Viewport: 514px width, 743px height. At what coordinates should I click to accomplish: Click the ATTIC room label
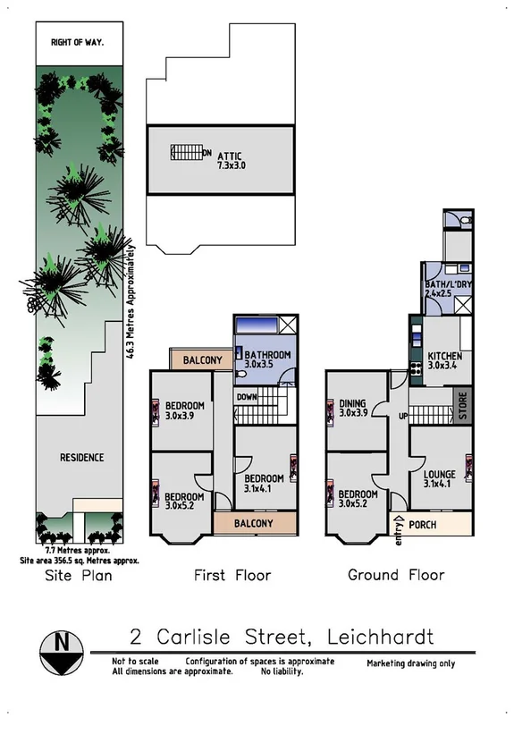229,156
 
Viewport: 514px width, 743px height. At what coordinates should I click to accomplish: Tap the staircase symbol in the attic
185,153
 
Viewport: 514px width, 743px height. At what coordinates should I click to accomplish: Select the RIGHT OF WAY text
78,42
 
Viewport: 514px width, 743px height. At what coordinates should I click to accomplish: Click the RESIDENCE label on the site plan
81,458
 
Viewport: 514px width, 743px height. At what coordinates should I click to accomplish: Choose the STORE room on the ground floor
463,407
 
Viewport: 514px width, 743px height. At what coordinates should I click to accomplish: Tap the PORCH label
423,525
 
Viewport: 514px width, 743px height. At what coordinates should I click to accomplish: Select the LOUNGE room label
440,475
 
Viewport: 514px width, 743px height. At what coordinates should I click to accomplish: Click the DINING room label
353,404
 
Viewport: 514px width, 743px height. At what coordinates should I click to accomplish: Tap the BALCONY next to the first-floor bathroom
202,360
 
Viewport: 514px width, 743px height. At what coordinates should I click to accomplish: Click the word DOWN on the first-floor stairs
247,396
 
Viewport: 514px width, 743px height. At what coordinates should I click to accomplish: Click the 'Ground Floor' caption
396,575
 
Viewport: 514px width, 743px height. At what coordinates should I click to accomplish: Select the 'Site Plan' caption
79,575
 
